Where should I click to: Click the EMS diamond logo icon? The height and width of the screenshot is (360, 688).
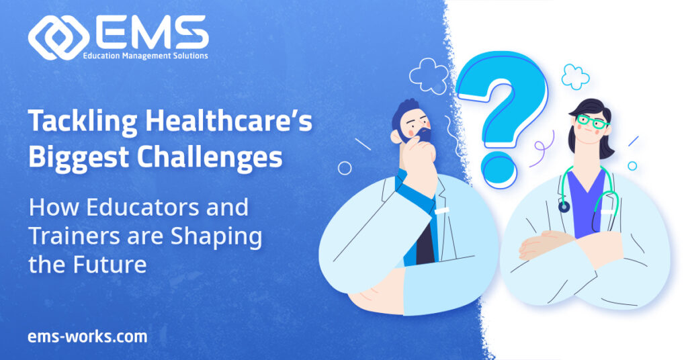(59, 38)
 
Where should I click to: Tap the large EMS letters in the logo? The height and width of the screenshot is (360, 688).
(150, 32)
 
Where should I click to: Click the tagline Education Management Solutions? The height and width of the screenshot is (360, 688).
(145, 56)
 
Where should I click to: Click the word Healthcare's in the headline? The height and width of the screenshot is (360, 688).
(228, 121)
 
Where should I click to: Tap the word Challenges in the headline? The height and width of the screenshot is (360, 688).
(210, 158)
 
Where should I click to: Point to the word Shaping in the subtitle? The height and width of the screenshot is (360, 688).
(216, 237)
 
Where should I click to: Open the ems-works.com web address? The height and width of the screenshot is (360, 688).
(88, 336)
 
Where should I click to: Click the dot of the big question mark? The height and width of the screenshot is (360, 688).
(499, 169)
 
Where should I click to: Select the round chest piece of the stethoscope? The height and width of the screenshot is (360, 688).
(564, 206)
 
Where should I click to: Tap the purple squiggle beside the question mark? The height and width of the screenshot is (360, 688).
(543, 149)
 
